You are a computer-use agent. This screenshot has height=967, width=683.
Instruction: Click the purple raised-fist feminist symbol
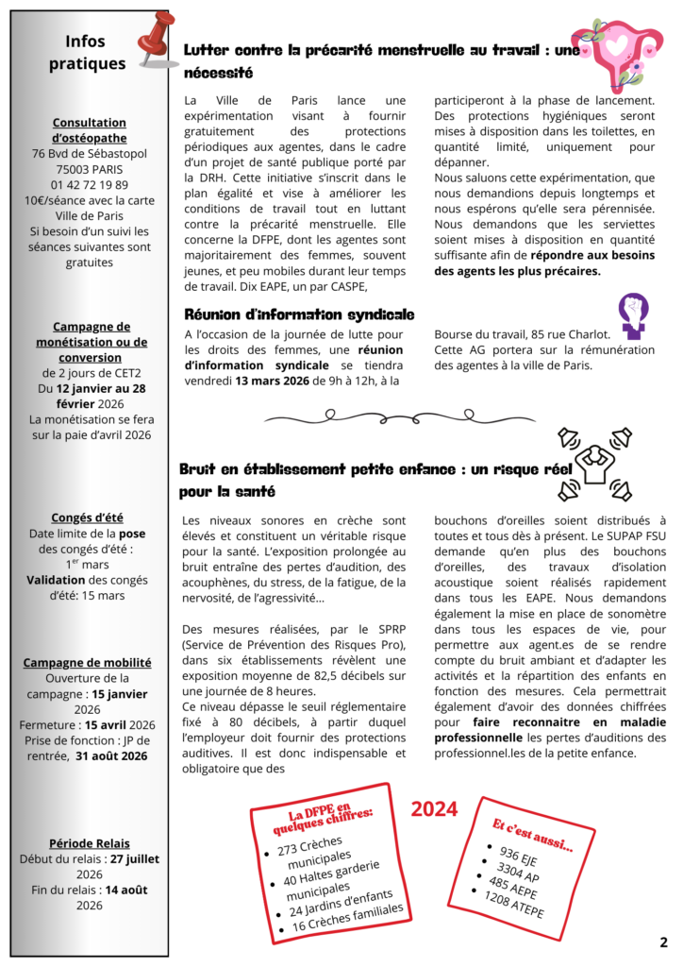tap(632, 315)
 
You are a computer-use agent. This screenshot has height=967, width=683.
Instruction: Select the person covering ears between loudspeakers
tap(594, 463)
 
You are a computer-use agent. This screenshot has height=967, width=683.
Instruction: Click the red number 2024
tap(434, 809)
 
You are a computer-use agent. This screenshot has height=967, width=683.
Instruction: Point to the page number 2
tap(663, 942)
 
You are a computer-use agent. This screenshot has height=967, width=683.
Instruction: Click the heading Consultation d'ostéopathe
tap(90, 130)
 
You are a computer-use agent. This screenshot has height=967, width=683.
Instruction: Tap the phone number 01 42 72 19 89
tap(90, 184)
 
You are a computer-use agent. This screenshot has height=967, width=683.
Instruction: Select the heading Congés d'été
tap(90, 517)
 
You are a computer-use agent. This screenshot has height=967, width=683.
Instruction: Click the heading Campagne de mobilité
tap(90, 663)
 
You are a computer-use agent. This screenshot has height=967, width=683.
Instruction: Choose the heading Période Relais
tap(90, 843)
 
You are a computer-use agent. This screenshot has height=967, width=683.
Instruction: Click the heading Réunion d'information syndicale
tap(299, 314)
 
